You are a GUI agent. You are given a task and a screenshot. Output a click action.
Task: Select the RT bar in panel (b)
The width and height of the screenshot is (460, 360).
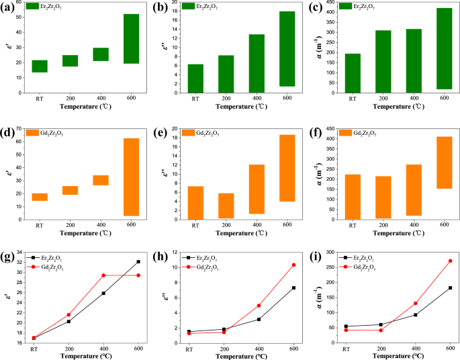tap(195, 79)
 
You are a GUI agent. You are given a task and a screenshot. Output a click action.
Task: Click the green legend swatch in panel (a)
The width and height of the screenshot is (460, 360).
tap(31, 6)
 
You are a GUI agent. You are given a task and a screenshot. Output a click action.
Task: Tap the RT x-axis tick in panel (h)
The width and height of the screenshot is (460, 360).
tap(189, 350)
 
